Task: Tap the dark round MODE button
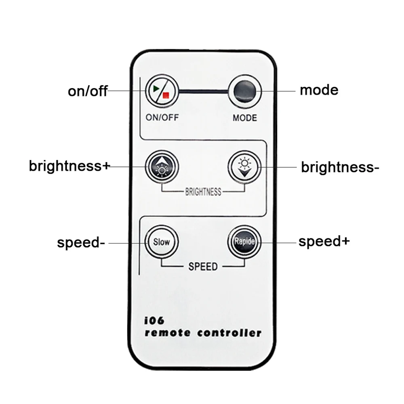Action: point(244,90)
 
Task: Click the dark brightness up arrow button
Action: point(162,166)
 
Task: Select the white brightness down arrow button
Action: point(244,166)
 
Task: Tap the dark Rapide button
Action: point(244,242)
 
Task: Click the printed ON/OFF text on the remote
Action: point(162,118)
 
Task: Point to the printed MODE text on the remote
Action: point(244,118)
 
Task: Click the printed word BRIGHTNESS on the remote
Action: point(203,191)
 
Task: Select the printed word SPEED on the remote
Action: point(203,267)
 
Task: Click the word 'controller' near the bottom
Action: point(229,333)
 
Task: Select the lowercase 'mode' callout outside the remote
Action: point(319,90)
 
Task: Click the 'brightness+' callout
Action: point(69,166)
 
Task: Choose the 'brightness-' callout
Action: point(340,166)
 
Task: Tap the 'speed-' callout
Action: point(81,243)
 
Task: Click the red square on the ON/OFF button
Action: point(165,95)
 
